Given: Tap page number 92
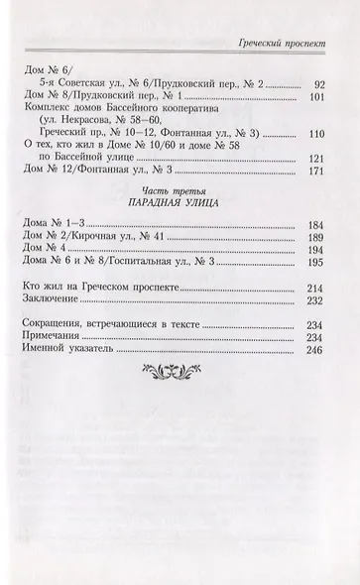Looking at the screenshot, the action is pyautogui.click(x=318, y=84).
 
